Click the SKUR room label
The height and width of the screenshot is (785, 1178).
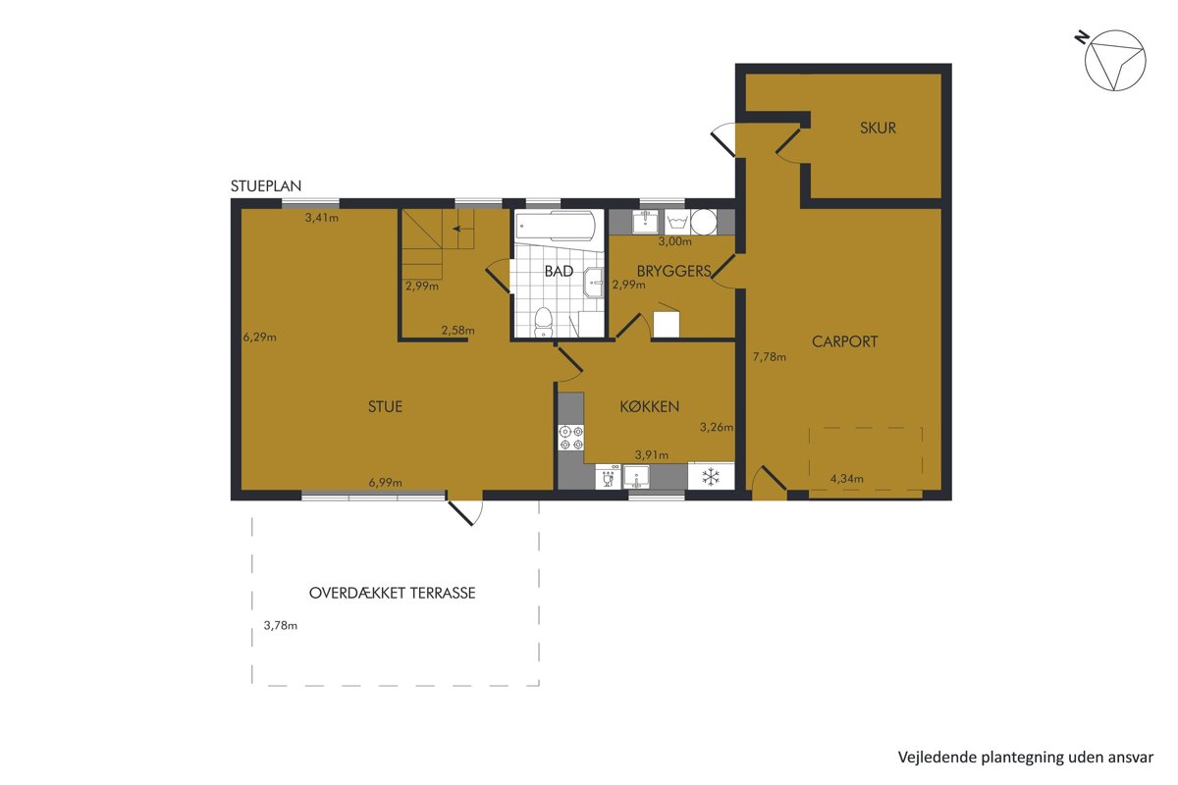pyautogui.click(x=878, y=128)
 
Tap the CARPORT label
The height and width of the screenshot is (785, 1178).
pyautogui.click(x=844, y=341)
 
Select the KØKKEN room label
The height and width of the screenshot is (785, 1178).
pyautogui.click(x=650, y=406)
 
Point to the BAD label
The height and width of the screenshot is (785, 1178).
pyautogui.click(x=559, y=271)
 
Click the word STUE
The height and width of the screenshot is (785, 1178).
pyautogui.click(x=385, y=406)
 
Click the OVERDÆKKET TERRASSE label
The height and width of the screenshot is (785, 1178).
pyautogui.click(x=393, y=593)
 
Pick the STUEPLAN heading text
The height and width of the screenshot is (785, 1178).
pyautogui.click(x=266, y=185)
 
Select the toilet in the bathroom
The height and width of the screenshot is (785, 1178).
pyautogui.click(x=543, y=322)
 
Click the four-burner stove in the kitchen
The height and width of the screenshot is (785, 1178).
pyautogui.click(x=571, y=438)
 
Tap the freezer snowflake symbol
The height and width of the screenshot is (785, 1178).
pyautogui.click(x=711, y=477)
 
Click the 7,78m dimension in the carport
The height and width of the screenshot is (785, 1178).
pyautogui.click(x=770, y=357)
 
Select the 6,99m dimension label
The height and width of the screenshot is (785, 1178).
pyautogui.click(x=386, y=482)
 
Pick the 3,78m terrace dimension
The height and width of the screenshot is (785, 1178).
pyautogui.click(x=281, y=625)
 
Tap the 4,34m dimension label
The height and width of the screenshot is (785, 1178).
pyautogui.click(x=846, y=479)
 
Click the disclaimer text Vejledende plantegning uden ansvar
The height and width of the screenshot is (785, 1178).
pyautogui.click(x=1026, y=758)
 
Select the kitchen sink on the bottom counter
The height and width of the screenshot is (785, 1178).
pyautogui.click(x=637, y=477)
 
